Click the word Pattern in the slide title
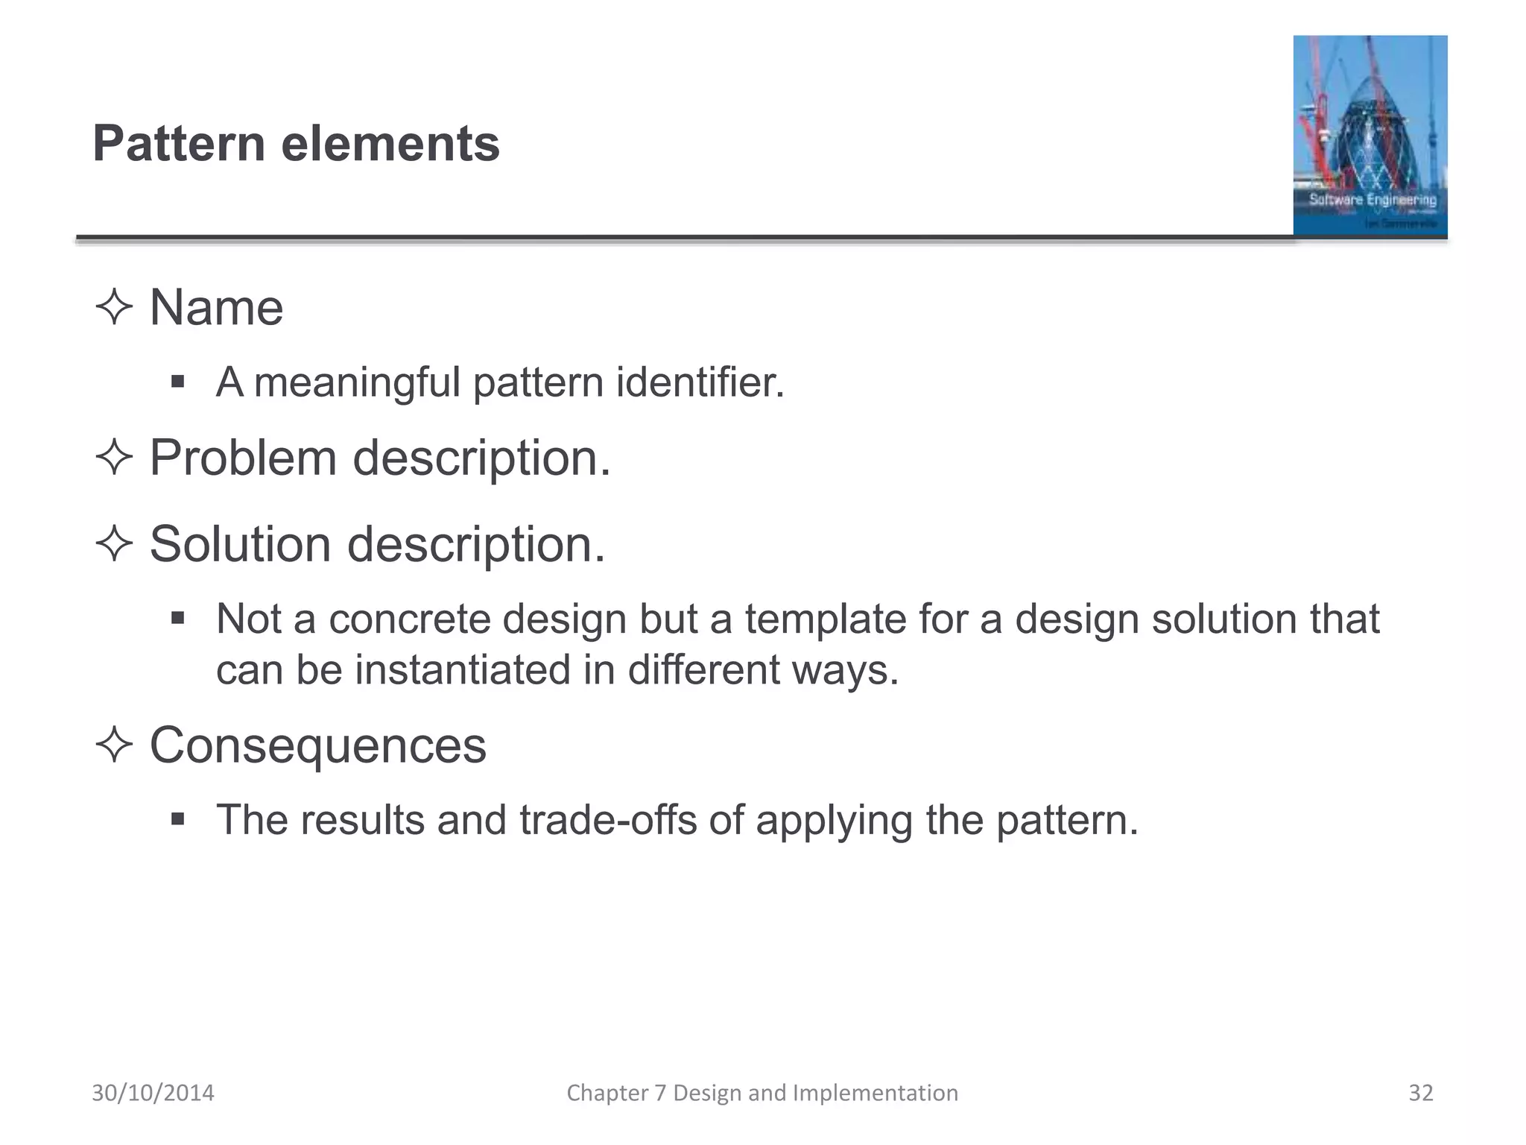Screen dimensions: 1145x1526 179,143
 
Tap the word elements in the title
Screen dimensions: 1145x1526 390,143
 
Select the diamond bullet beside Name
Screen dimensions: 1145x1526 114,307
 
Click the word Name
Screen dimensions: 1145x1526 216,307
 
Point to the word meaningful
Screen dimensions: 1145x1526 356,383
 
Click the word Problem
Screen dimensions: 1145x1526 243,457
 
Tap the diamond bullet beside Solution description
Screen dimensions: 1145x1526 114,543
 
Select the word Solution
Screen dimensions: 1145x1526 240,543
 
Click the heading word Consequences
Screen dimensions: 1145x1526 318,745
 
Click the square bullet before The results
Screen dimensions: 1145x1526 177,820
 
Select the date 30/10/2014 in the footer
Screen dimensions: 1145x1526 153,1093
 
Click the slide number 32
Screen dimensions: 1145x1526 1421,1093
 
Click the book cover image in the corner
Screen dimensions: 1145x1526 1370,136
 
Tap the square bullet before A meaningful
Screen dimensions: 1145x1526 177,382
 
